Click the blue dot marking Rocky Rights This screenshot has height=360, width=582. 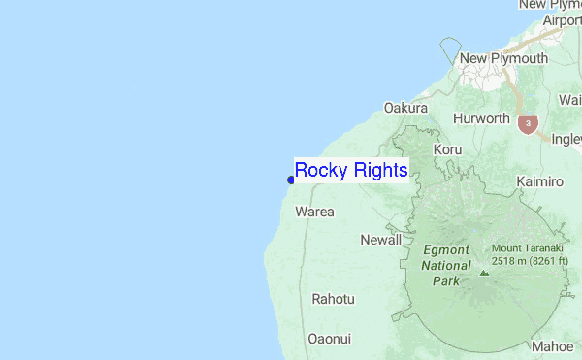point(291,180)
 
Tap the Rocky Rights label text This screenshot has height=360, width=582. point(351,170)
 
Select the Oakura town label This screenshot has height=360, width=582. point(406,108)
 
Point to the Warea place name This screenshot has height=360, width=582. point(314,212)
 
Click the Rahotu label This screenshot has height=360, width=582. point(333,299)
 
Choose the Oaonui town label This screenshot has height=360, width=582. point(329,339)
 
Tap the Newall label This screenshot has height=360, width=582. point(380,240)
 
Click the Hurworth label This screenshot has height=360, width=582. point(481,118)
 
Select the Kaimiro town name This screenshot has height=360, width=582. point(540,181)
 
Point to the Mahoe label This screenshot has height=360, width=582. point(552,346)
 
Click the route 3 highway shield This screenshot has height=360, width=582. point(527,124)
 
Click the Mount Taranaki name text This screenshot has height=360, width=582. point(532,248)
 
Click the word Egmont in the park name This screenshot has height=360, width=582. point(446,249)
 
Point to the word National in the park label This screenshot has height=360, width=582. point(446,265)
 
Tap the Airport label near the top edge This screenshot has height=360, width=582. point(562,19)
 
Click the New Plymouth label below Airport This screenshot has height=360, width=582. point(503,59)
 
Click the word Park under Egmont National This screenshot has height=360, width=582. point(446,280)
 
